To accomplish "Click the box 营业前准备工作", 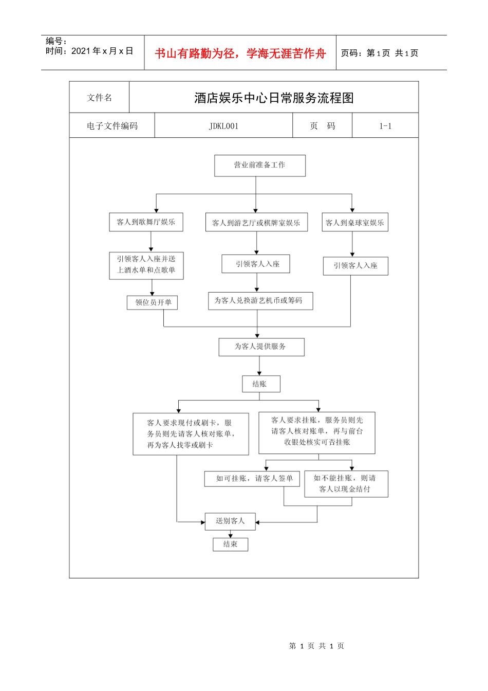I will pos(259,166).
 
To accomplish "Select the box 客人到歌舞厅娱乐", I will pos(146,222).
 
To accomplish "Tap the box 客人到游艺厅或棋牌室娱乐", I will pos(256,223).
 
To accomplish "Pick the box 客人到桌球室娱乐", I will pos(354,223).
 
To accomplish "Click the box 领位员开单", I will pos(153,302).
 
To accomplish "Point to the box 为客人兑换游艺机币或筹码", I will pos(260,301).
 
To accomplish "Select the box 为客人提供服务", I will pos(261,347).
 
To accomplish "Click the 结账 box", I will pos(261,384).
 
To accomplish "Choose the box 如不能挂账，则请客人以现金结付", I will pos(346,484).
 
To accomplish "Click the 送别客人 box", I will pos(230,521).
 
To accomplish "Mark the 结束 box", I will pos(230,544).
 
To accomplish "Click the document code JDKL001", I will pos(223,126).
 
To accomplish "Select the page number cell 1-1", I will pos(385,126).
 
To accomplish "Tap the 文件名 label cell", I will pos(99,98).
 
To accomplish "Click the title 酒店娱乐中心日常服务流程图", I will pos(274,98).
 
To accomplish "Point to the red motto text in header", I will pos(240,53).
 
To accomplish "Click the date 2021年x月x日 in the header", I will pos(102,51).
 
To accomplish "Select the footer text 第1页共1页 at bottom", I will pos(316,646).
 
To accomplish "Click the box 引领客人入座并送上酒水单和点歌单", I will pos(146,265).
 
